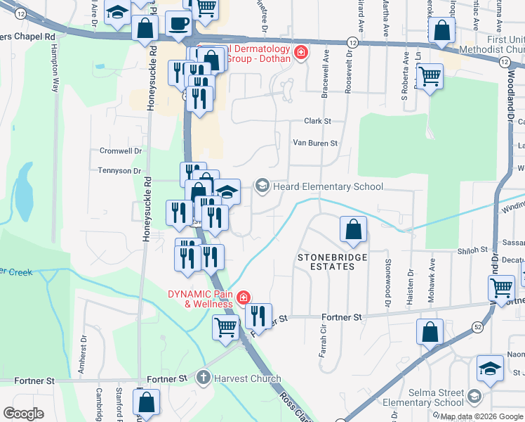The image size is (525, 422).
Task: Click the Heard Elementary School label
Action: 328,186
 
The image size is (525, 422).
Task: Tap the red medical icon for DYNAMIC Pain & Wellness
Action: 243,298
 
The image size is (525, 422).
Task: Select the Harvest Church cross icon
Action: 204,378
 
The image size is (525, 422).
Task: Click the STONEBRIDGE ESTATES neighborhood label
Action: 332,262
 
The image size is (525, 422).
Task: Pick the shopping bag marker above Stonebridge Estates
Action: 353,229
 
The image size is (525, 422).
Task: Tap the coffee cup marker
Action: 178,24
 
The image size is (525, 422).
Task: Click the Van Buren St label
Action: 315,143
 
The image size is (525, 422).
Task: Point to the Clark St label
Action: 317,121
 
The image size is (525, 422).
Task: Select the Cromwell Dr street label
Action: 121,151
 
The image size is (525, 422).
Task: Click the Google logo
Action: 23,414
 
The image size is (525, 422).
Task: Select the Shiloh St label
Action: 474,250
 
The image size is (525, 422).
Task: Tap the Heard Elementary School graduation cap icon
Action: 262,186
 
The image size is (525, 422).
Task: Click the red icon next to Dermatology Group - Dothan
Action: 300,53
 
